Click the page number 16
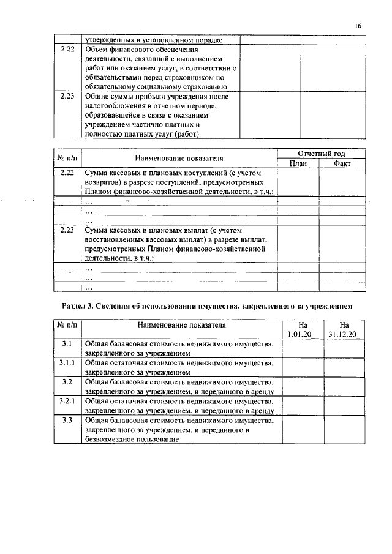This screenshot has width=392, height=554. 358,25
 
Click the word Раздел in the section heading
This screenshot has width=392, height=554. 74,304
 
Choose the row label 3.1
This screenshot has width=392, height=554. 67,345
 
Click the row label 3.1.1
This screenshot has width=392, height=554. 67,364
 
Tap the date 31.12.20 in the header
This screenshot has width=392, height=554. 344,334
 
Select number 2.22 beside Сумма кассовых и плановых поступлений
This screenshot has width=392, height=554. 67,173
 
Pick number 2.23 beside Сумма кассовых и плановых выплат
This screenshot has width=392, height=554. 67,230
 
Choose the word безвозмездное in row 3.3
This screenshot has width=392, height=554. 112,439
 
